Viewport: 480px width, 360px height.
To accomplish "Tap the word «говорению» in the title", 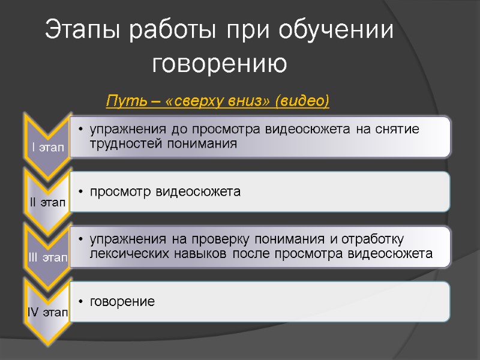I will (220, 64).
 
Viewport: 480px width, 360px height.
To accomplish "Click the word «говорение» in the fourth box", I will (122, 301).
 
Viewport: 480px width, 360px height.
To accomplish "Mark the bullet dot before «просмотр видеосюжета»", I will (80, 193).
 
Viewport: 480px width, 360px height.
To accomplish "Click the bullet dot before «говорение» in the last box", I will (80, 302).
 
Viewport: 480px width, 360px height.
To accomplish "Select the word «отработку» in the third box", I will (377, 240).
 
